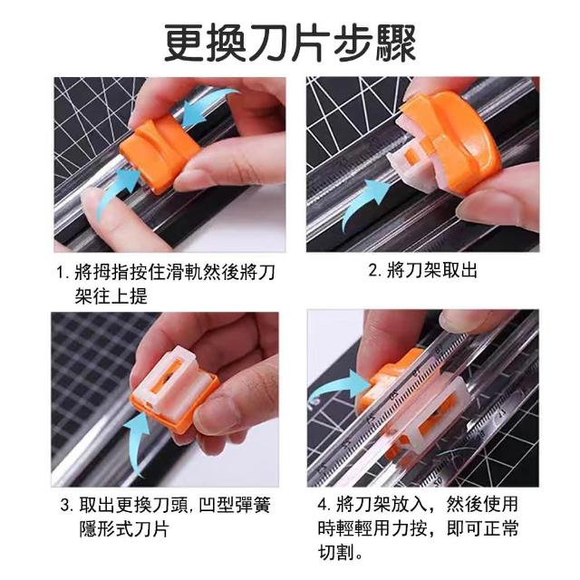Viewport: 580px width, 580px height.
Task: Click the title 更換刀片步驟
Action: [x=290, y=43]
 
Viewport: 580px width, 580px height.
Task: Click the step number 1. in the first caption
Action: [x=63, y=273]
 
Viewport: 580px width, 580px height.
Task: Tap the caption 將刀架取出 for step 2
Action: [x=432, y=270]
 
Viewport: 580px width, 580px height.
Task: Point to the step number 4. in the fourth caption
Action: [x=324, y=505]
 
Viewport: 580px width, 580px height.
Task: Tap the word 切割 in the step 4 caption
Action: [x=336, y=552]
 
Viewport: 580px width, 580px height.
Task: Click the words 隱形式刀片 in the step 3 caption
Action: [x=124, y=529]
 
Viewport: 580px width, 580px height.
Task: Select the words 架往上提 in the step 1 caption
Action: [x=111, y=296]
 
